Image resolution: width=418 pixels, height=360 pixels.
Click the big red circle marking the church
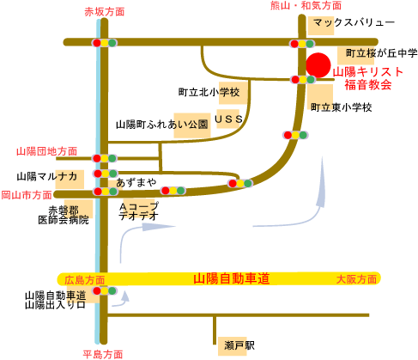pyautogui.click(x=318, y=65)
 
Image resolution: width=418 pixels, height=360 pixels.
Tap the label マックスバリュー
pyautogui.click(x=354, y=22)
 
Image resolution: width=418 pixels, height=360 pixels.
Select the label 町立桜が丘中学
pyautogui.click(x=382, y=53)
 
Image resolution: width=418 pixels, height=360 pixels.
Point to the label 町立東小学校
pyautogui.click(x=342, y=107)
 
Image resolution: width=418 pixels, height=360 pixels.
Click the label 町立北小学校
pyautogui.click(x=209, y=92)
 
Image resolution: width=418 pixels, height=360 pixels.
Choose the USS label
pyautogui.click(x=228, y=119)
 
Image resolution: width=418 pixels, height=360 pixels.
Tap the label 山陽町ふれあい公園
pyautogui.click(x=162, y=125)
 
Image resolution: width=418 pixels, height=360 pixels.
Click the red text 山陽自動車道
pyautogui.click(x=232, y=278)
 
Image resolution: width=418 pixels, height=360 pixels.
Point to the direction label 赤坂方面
pyautogui.click(x=104, y=12)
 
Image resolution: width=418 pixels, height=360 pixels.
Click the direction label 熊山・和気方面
pyautogui.click(x=306, y=5)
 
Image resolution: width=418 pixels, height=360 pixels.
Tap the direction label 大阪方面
pyautogui.click(x=356, y=279)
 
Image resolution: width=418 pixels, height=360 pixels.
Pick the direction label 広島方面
pyautogui.click(x=85, y=280)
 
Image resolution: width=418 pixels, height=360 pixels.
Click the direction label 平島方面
pyautogui.click(x=103, y=355)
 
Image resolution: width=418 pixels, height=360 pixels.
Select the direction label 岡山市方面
pyautogui.click(x=27, y=195)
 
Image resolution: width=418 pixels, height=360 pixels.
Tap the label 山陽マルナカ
pyautogui.click(x=47, y=176)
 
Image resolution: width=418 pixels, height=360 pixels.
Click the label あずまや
pyautogui.click(x=136, y=182)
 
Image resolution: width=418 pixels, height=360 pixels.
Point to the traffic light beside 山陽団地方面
pyautogui.click(x=105, y=158)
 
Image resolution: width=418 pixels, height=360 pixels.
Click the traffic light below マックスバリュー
pyautogui.click(x=302, y=44)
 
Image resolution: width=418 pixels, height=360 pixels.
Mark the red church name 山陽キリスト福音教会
pyautogui.click(x=368, y=78)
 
